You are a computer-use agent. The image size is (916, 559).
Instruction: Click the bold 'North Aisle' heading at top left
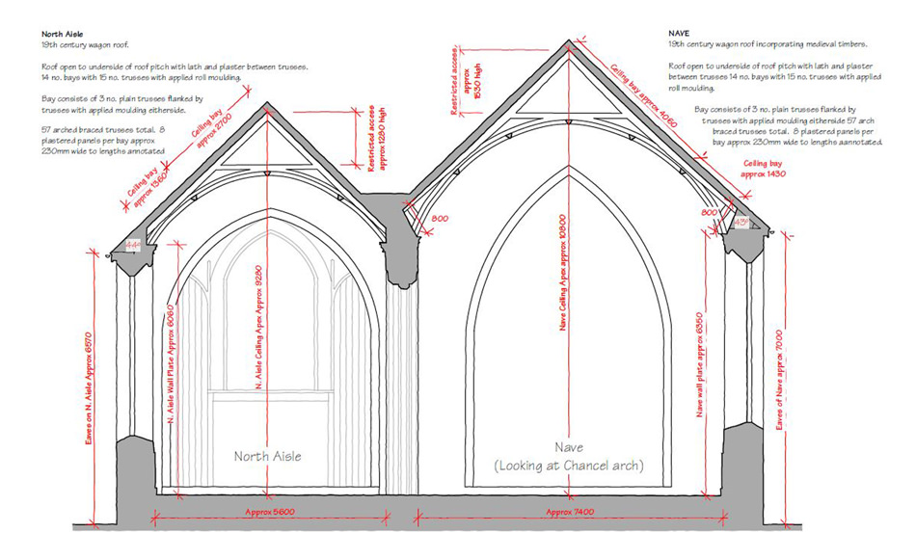pos(62,35)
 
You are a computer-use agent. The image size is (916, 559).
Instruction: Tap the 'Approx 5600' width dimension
pos(268,511)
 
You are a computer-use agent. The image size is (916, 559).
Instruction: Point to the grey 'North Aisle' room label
pos(268,456)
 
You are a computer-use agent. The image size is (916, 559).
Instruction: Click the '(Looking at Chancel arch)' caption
pos(569,466)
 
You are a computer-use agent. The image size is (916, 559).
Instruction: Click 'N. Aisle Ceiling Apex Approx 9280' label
pos(258,328)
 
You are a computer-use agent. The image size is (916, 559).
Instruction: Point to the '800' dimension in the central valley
pos(440,220)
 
